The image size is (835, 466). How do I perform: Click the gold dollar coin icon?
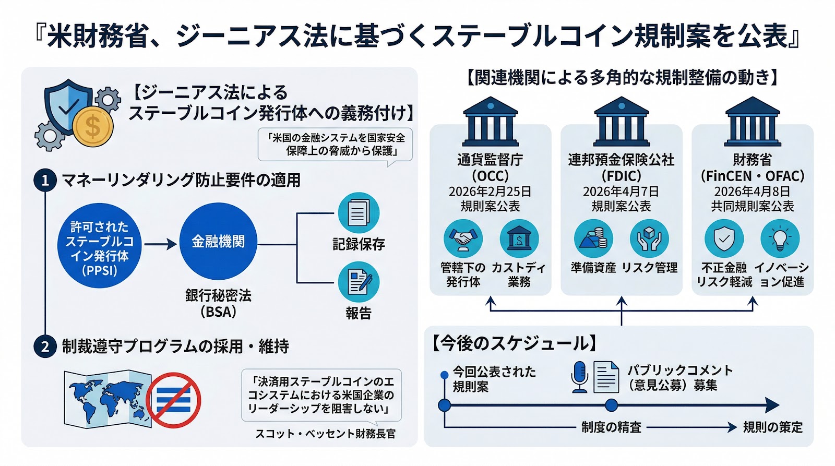pyautogui.click(x=93, y=126)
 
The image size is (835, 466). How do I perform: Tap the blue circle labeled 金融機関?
pyautogui.click(x=218, y=242)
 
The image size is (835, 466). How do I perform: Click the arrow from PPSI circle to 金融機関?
pyautogui.click(x=160, y=244)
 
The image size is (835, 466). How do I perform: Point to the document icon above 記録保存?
pyautogui.click(x=359, y=213)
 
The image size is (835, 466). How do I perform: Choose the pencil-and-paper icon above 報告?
pyautogui.click(x=359, y=282)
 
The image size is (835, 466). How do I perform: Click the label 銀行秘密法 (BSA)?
pyautogui.click(x=218, y=303)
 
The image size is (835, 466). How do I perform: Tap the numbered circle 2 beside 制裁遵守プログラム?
pyautogui.click(x=45, y=347)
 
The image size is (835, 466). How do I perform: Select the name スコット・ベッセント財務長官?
pyautogui.click(x=325, y=434)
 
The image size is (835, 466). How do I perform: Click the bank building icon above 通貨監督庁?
pyautogui.click(x=490, y=122)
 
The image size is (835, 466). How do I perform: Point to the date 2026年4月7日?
pyautogui.click(x=621, y=192)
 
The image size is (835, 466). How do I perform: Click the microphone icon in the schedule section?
pyautogui.click(x=580, y=377)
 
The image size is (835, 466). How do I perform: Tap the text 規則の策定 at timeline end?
pyautogui.click(x=773, y=427)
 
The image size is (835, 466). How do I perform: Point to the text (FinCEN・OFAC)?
pyautogui.click(x=752, y=176)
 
